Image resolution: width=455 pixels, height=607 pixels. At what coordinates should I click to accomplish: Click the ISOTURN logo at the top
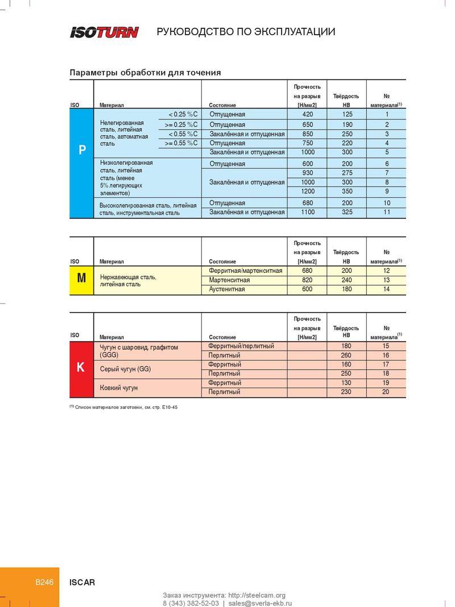[x=104, y=32]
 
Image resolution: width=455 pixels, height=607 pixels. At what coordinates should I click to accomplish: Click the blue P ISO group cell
[x=82, y=151]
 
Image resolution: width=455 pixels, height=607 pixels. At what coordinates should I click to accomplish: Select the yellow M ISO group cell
[x=81, y=278]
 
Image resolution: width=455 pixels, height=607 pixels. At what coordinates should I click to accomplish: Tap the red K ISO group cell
[x=81, y=368]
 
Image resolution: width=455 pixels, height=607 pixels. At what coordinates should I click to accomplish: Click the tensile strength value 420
[x=308, y=115]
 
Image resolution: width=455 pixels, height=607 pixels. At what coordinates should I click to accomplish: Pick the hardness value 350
[x=348, y=192]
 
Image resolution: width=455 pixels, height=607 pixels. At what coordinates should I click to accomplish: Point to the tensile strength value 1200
[x=308, y=192]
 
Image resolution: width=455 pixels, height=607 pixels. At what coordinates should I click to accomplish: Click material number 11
[x=387, y=213]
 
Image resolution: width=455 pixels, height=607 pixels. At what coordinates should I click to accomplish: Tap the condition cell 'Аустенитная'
[x=227, y=289]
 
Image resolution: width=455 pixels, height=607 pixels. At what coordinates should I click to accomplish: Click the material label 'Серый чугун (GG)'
[x=125, y=369]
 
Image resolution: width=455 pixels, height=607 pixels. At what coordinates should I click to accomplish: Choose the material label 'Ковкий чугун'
[x=119, y=388]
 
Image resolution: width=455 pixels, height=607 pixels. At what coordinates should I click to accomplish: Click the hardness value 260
[x=346, y=355]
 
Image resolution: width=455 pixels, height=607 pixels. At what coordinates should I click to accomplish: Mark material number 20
[x=386, y=392]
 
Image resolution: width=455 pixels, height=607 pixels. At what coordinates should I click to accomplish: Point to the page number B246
[x=44, y=582]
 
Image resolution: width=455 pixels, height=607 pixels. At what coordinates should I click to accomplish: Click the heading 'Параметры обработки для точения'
[x=145, y=73]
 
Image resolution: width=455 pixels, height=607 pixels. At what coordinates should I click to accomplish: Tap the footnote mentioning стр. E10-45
[x=124, y=408]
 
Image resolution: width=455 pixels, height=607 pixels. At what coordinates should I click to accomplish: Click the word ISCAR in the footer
[x=82, y=583]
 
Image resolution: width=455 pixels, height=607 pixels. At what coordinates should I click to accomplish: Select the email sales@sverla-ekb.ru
[x=260, y=603]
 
